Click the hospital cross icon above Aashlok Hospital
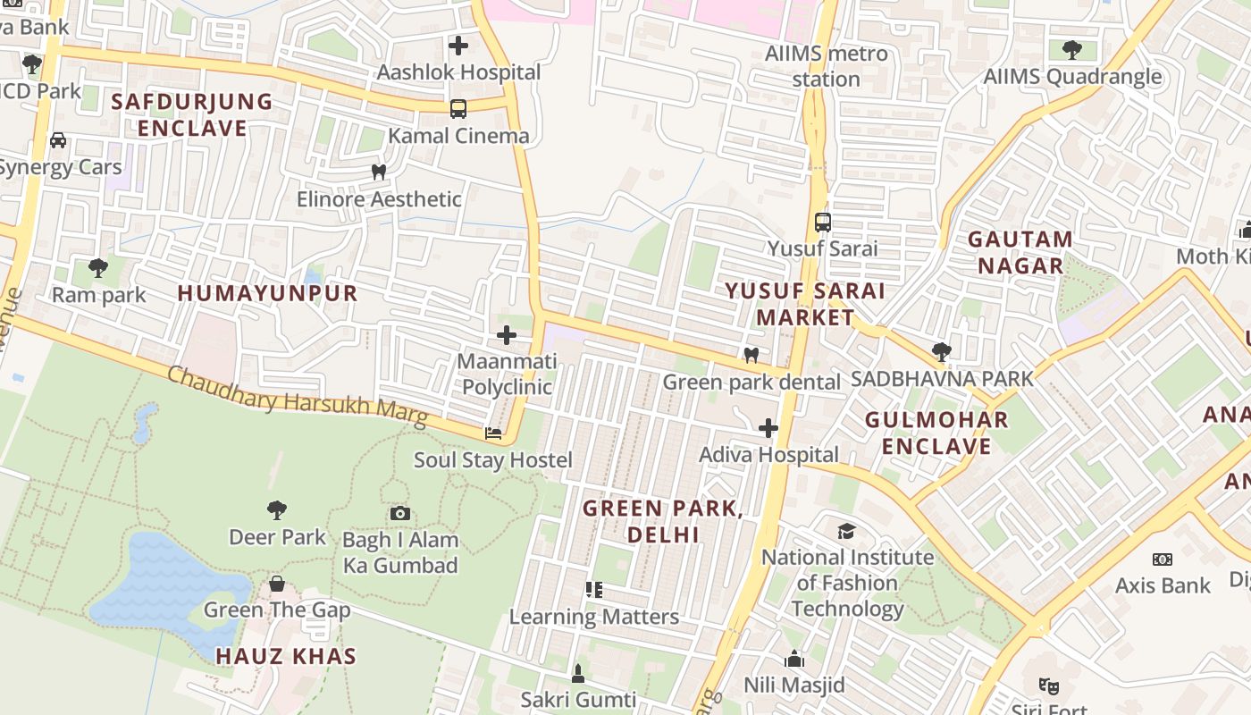458,45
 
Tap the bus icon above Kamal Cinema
458,109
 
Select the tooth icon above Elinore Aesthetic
379,172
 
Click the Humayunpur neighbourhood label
267,293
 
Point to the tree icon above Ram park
98,267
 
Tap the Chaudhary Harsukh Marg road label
297,398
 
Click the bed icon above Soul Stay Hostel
493,433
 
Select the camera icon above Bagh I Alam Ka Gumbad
400,513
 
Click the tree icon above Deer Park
277,510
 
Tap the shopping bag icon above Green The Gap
277,584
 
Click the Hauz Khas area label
286,656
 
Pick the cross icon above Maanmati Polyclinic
507,335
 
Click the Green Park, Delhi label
662,521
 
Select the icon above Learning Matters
593,590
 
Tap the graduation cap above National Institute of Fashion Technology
846,532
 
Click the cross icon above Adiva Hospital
768,428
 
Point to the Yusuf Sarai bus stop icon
823,223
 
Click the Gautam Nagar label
1020,252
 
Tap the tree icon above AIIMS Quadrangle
1072,50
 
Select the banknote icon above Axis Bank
1162,559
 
